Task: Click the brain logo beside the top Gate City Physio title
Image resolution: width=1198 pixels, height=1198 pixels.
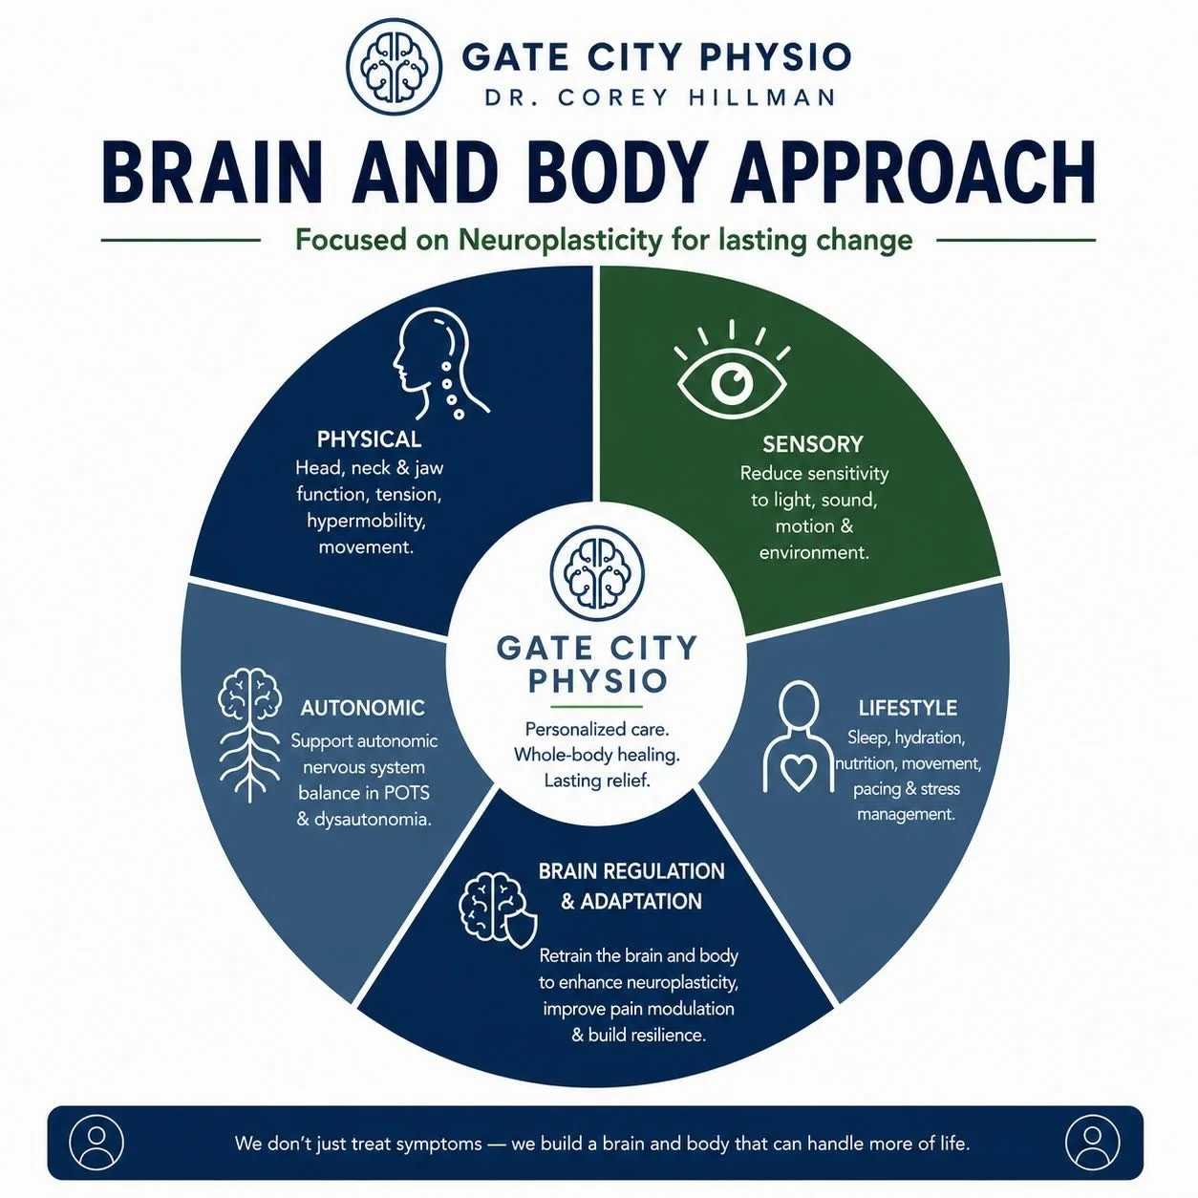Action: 395,67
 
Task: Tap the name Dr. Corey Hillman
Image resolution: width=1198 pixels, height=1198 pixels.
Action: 659,97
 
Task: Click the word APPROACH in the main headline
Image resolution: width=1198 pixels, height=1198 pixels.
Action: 913,172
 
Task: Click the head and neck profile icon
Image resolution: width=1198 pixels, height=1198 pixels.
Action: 439,364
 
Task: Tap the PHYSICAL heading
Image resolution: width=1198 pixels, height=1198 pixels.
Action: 369,439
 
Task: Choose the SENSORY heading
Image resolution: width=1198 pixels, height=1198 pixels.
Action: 813,444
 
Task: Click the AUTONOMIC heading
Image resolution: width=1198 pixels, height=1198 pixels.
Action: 362,708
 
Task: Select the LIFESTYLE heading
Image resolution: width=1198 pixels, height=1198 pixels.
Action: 908,708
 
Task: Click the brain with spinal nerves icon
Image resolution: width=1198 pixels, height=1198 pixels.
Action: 249,735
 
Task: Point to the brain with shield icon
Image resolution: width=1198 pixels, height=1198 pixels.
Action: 498,910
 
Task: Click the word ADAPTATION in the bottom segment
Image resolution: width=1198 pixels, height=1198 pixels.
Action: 641,901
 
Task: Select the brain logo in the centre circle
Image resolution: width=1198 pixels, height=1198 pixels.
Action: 597,573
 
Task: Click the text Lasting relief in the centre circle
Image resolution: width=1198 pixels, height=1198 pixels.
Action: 597,781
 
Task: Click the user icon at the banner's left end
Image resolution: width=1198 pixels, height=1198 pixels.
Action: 96,1143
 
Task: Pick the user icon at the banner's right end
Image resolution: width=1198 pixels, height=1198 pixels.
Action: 1092,1143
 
